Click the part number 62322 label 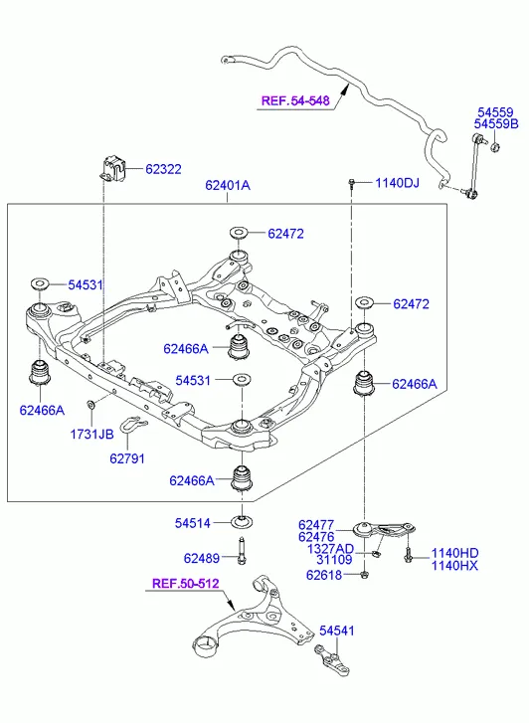tap(163, 169)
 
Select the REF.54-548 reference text tap(295, 100)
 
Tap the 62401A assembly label tap(228, 185)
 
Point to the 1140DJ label tap(397, 183)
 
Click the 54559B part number tap(496, 123)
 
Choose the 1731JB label tap(91, 434)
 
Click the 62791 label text tap(127, 458)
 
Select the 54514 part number tap(192, 523)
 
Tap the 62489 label tap(202, 558)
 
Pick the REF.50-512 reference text tap(185, 584)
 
